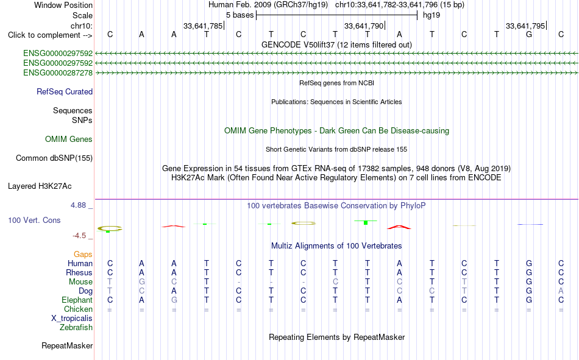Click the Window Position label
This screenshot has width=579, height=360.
pos(63,5)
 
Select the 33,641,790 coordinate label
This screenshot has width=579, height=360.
pos(364,26)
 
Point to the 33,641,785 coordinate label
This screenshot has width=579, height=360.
pos(203,26)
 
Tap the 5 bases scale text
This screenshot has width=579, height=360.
pos(240,15)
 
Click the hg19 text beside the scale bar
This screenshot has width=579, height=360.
pos(432,15)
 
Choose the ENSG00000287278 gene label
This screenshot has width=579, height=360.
pos(58,72)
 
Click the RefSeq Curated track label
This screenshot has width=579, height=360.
pos(65,91)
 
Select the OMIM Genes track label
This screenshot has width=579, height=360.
pos(69,139)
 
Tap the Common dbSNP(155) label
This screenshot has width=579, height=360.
pos(54,158)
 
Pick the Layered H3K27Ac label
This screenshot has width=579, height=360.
pos(40,186)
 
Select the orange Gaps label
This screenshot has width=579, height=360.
pos(83,254)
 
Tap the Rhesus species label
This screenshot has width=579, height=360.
pos(79,272)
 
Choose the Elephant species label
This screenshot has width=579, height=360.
pos(77,300)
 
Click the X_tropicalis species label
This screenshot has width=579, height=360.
pos(72,319)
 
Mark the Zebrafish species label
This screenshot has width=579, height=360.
pos(76,327)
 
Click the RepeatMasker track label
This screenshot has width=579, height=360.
pos(67,345)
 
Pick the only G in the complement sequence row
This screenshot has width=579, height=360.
pos(529,35)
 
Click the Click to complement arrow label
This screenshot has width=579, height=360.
pos(50,35)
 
